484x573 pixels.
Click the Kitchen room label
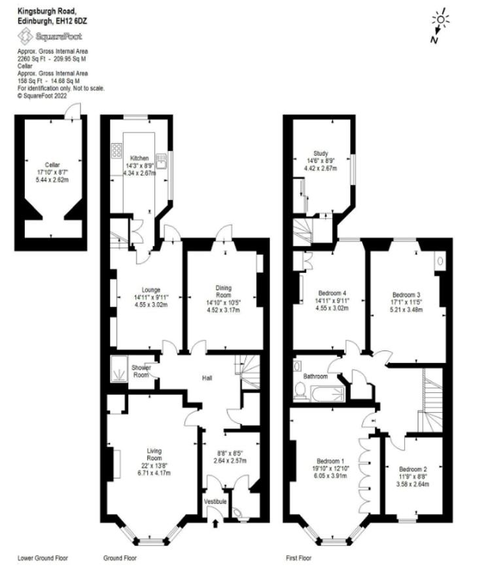pyautogui.click(x=139, y=158)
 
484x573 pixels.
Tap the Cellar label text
pyautogui.click(x=52, y=165)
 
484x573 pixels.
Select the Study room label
pyautogui.click(x=320, y=153)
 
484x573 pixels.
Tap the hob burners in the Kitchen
pyautogui.click(x=116, y=150)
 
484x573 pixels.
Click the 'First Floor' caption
pyautogui.click(x=298, y=559)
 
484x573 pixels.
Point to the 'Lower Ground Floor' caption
pyautogui.click(x=43, y=559)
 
